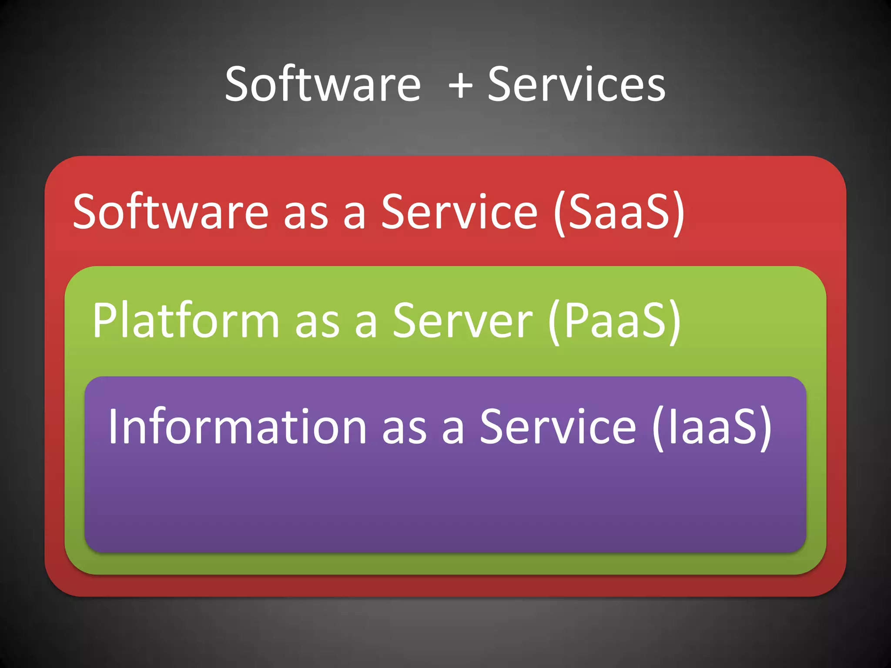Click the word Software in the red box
(x=171, y=212)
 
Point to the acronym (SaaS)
(x=619, y=213)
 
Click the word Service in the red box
(x=459, y=212)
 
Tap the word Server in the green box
(x=462, y=321)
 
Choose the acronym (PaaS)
(x=614, y=321)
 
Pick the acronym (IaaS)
(x=712, y=428)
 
